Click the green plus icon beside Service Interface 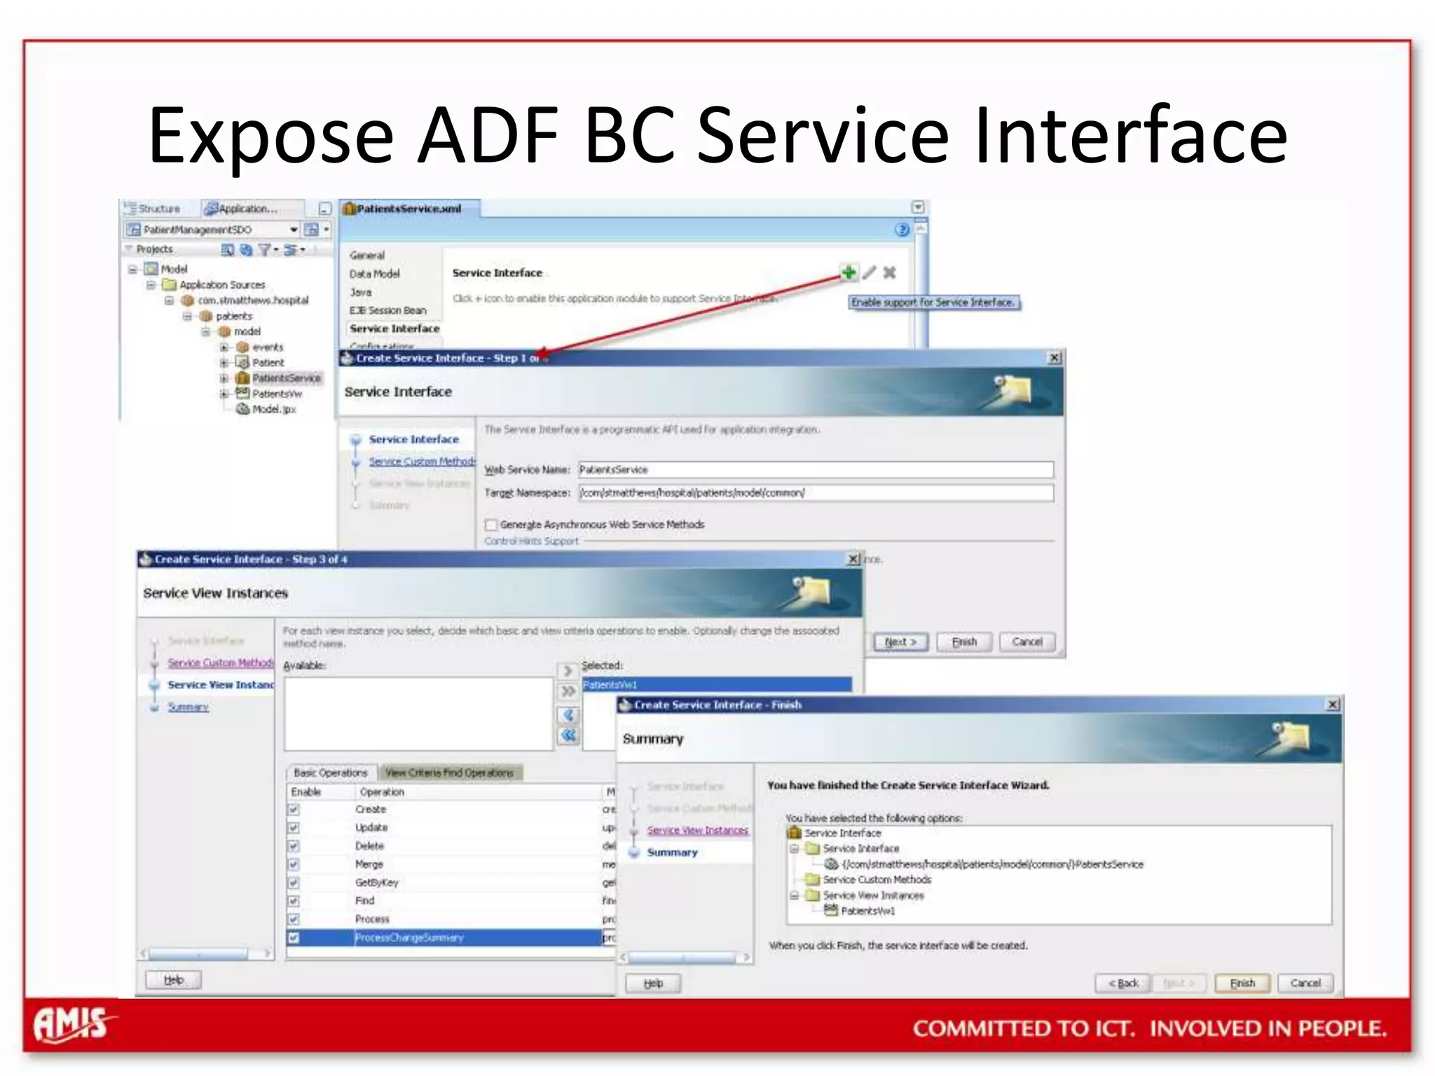click(x=849, y=273)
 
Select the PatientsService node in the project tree click(x=286, y=378)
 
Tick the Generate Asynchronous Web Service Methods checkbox click(x=491, y=525)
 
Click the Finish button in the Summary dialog click(x=1242, y=983)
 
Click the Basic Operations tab click(x=330, y=773)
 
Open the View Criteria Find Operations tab click(x=449, y=773)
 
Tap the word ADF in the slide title click(x=488, y=134)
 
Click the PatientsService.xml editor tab click(x=408, y=209)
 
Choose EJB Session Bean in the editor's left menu click(x=387, y=310)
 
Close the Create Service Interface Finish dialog click(x=1333, y=705)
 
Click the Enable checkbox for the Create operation click(x=294, y=810)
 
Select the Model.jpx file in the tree click(x=273, y=409)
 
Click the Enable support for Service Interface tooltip click(x=933, y=303)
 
